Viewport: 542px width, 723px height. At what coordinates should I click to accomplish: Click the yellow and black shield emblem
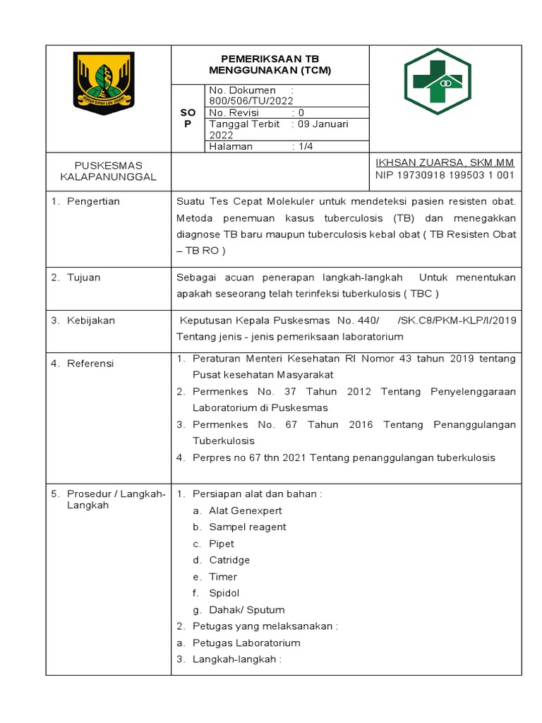click(104, 84)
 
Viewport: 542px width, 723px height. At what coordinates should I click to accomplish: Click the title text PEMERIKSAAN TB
click(270, 59)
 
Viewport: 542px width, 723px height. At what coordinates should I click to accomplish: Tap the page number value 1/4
click(306, 146)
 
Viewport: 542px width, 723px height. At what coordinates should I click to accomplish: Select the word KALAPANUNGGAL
click(108, 177)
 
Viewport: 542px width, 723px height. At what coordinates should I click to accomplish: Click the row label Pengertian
click(93, 201)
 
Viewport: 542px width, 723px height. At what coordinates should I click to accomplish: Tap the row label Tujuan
click(83, 277)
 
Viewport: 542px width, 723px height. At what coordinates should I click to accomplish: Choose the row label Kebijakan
click(90, 321)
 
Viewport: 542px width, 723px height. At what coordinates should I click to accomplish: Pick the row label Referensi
click(90, 364)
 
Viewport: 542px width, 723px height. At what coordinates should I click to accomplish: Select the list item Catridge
click(229, 560)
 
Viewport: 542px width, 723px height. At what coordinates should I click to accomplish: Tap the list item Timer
click(223, 577)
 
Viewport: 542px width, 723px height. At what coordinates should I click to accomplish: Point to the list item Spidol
click(224, 593)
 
